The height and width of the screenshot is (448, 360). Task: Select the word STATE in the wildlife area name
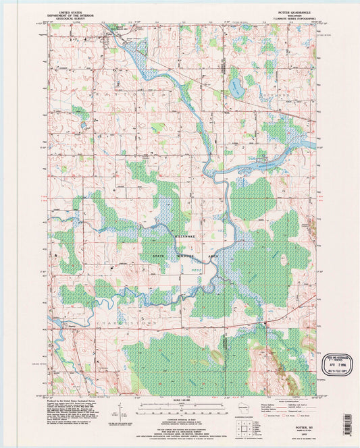pyautogui.click(x=160, y=256)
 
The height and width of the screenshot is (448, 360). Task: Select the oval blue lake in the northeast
pyautogui.click(x=235, y=86)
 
